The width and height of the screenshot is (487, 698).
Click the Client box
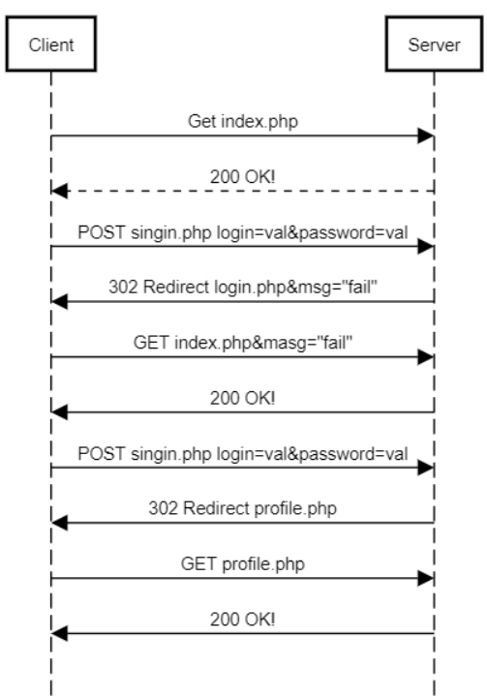point(49,46)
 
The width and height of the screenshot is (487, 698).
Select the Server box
point(435,46)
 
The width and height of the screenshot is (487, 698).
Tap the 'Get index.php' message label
point(242,123)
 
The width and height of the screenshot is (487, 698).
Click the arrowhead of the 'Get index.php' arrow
point(425,137)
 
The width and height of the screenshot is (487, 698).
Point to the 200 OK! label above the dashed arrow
point(242,178)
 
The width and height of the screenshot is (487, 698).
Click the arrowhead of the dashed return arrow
point(60,193)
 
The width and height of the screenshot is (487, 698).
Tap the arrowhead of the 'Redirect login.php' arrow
point(60,303)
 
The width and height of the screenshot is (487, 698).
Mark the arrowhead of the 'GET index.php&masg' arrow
point(425,358)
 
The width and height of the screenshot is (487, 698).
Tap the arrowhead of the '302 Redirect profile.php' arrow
point(60,524)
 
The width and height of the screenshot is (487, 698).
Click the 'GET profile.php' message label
point(242,564)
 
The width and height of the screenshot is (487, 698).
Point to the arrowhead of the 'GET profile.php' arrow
point(425,579)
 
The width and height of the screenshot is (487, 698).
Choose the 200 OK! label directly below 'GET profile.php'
point(242,620)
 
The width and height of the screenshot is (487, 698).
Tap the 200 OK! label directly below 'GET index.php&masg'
point(242,399)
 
